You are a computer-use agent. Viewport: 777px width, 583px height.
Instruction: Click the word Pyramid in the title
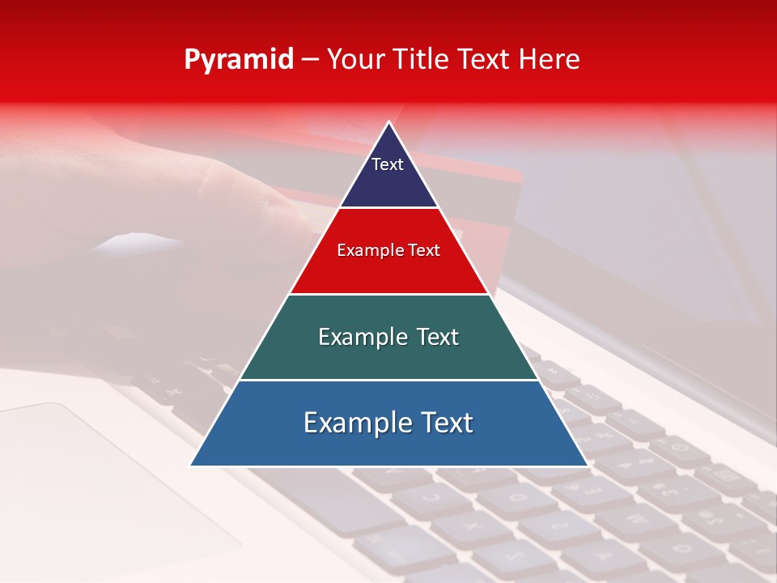pos(239,60)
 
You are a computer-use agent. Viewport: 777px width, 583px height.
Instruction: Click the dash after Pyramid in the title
pos(309,60)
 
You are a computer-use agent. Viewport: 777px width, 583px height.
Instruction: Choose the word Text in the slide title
pos(485,59)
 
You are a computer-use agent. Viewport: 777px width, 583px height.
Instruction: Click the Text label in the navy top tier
pos(388,164)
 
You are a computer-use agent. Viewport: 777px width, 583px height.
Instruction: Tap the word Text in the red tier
pos(423,250)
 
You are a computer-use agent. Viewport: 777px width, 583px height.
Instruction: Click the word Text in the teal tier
pos(437,337)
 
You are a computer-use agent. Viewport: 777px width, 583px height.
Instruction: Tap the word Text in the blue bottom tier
pos(447,423)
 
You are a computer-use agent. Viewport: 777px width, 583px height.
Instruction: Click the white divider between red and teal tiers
pos(389,294)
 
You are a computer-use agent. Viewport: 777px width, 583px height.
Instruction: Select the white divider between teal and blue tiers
pos(389,380)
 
